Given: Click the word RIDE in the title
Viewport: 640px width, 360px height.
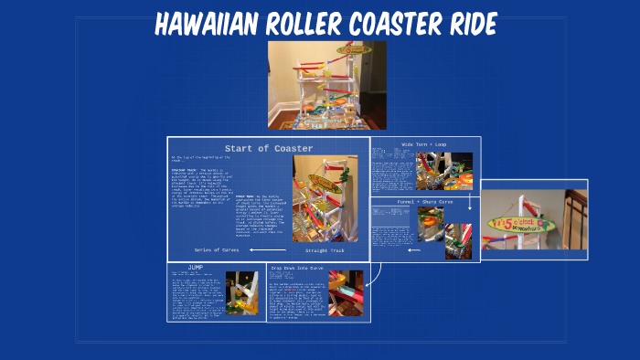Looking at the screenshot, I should [454, 23].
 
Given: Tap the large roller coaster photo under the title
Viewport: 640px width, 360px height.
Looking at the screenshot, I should [326, 84].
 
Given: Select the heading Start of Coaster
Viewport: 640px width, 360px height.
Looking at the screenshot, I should [269, 148].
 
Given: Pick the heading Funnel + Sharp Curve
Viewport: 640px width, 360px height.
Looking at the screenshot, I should [424, 202].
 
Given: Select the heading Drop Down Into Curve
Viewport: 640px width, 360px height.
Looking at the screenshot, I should [297, 268].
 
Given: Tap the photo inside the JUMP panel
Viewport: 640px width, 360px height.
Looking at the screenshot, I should [241, 292].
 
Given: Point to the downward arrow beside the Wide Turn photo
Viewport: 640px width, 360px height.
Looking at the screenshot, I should [469, 201].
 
